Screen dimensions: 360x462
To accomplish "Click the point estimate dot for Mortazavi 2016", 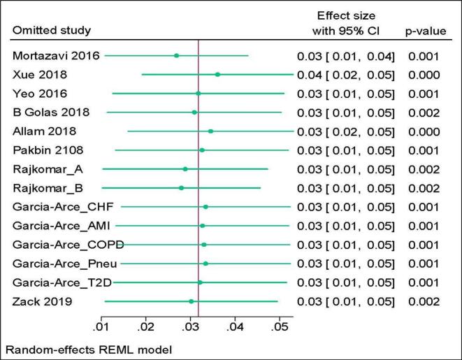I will point(176,55).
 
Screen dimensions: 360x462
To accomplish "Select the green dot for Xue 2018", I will point(217,74).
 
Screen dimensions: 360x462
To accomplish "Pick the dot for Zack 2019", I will point(191,301).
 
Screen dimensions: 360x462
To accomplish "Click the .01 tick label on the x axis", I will point(101,326).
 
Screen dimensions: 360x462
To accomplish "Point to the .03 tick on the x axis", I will point(189,326).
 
